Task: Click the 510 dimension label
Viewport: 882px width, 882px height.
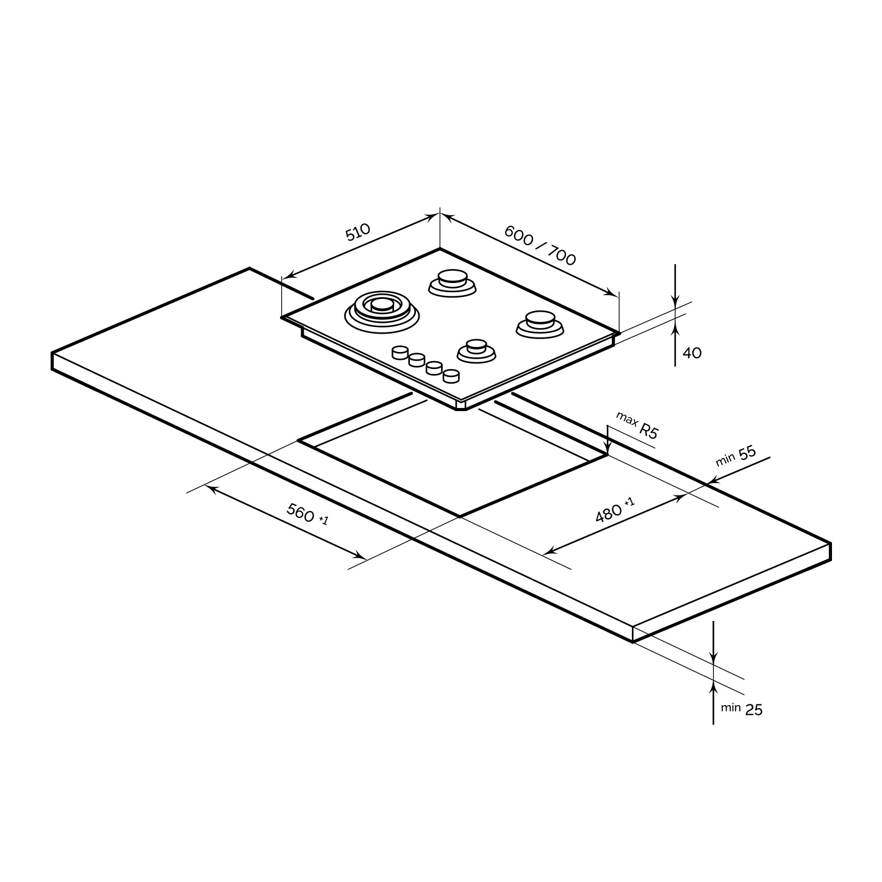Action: tap(358, 232)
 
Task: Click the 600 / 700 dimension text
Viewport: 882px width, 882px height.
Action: tap(540, 246)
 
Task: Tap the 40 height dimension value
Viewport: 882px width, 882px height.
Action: tap(692, 353)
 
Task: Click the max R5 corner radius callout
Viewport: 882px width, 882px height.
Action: tap(638, 425)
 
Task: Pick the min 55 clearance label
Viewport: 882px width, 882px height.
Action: tap(736, 456)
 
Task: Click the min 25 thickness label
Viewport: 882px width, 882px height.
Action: tap(742, 709)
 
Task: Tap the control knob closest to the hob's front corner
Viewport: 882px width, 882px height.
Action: tap(451, 376)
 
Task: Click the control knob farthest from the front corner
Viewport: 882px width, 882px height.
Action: tap(400, 352)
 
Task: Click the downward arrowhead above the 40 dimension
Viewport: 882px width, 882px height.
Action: tap(675, 301)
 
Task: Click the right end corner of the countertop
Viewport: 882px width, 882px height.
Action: tap(830, 544)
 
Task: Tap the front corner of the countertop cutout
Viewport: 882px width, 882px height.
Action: tap(460, 517)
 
